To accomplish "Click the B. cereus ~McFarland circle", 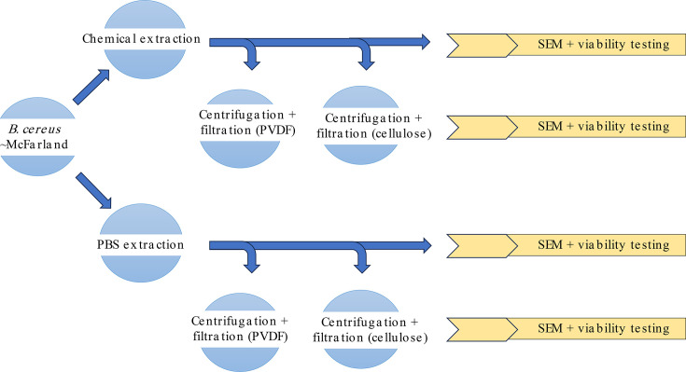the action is (37, 136).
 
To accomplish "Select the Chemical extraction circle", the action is (145, 39).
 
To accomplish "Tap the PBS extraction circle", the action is (141, 243).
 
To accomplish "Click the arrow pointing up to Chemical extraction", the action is (91, 87).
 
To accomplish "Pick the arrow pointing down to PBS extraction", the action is (93, 190).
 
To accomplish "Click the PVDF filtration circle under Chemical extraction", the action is (239, 129).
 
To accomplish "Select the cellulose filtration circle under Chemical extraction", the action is (360, 125).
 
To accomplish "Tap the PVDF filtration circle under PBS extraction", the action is (239, 332).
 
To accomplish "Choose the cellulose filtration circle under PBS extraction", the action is (360, 330).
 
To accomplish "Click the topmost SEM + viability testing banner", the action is (567, 45).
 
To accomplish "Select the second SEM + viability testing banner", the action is (567, 127).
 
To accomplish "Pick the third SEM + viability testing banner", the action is (567, 245).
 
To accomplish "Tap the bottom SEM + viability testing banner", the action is (567, 329).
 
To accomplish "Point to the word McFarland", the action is (36, 145).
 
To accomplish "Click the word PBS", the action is (107, 244).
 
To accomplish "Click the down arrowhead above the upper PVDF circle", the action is (252, 65).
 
